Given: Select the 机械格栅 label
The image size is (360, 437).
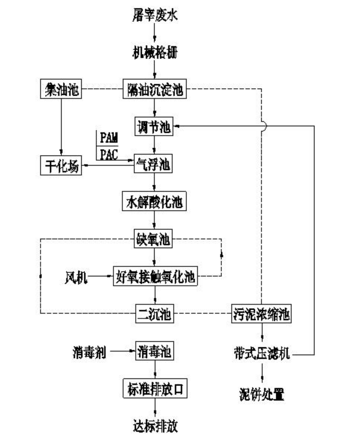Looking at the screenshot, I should tap(156, 51).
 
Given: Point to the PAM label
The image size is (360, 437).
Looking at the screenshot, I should tap(109, 138).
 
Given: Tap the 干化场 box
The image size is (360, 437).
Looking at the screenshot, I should tap(60, 165).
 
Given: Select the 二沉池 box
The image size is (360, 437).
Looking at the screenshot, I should tap(155, 313).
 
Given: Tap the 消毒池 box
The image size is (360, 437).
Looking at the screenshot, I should tap(155, 353).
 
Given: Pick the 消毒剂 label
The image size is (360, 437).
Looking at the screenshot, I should tap(88, 353).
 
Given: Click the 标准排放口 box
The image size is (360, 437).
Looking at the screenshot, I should tap(156, 389).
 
